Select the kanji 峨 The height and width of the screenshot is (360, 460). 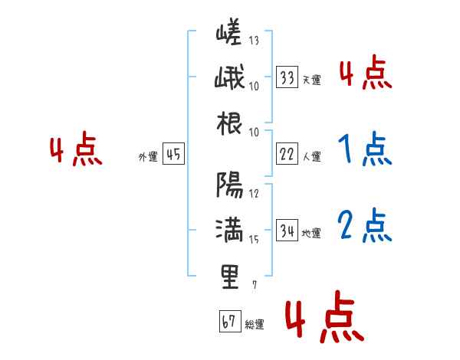229,79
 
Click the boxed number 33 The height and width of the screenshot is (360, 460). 287,77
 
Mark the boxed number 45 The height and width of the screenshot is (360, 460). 172,155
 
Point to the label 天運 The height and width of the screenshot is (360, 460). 311,80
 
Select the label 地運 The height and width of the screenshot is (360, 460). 311,234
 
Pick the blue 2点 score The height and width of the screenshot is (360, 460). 364,225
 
